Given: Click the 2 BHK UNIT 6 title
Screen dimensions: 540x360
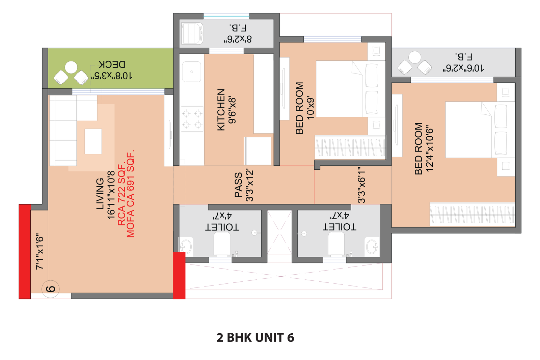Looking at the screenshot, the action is [255, 338].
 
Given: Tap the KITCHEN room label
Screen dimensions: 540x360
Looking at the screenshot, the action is [221, 110].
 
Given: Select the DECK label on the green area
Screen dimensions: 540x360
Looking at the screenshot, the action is [112, 64].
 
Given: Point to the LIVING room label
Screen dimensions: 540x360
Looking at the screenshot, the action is [100, 193].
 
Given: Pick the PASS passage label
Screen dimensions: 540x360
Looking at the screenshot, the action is [238, 185].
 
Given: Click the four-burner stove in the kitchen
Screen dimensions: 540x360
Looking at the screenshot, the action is [192, 119].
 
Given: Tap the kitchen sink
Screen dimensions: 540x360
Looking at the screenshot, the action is [192, 72].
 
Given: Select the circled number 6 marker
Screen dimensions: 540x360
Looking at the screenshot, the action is [50, 289].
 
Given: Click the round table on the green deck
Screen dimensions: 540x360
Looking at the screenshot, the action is [71, 67].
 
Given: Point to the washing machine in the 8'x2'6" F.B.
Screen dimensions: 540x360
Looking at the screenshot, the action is [192, 33].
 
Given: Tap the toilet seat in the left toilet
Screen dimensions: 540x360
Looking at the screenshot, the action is [222, 244].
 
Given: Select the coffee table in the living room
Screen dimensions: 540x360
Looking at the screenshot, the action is [93, 141].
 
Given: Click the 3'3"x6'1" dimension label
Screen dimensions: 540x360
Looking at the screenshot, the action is [361, 185].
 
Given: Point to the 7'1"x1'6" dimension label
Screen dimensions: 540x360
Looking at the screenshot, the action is [40, 251].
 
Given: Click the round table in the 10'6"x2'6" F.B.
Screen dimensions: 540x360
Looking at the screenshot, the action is [415, 57].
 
